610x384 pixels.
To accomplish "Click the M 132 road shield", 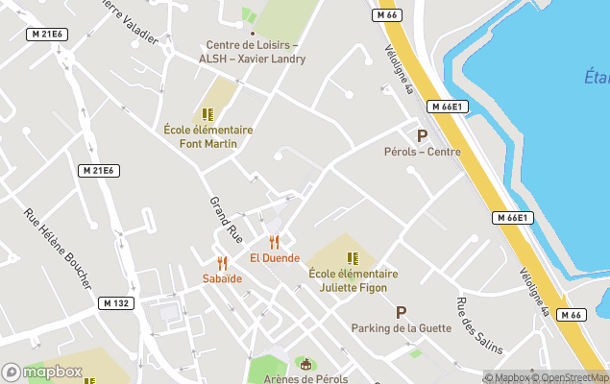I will coord(115,303).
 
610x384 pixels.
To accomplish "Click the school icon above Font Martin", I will coord(207,114).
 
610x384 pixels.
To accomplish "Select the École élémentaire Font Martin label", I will coord(208,136).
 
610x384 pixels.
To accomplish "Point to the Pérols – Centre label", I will coord(423,152).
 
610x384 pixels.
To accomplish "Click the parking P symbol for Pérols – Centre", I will coord(422,135).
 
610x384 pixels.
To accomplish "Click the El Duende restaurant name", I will coord(275,257).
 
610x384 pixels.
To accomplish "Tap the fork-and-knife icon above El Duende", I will coord(275,242).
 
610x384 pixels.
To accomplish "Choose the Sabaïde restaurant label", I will coord(222,278).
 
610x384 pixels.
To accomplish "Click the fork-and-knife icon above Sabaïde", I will coord(222,263).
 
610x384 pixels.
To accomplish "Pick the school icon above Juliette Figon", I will coord(353,258).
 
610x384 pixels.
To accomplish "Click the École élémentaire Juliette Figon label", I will coord(354,279).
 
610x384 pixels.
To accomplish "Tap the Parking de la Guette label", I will coord(402,327).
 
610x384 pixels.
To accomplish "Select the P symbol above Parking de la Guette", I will coord(402,312).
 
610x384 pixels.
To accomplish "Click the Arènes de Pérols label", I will coord(306,378).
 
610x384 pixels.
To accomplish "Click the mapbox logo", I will coord(42,372).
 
